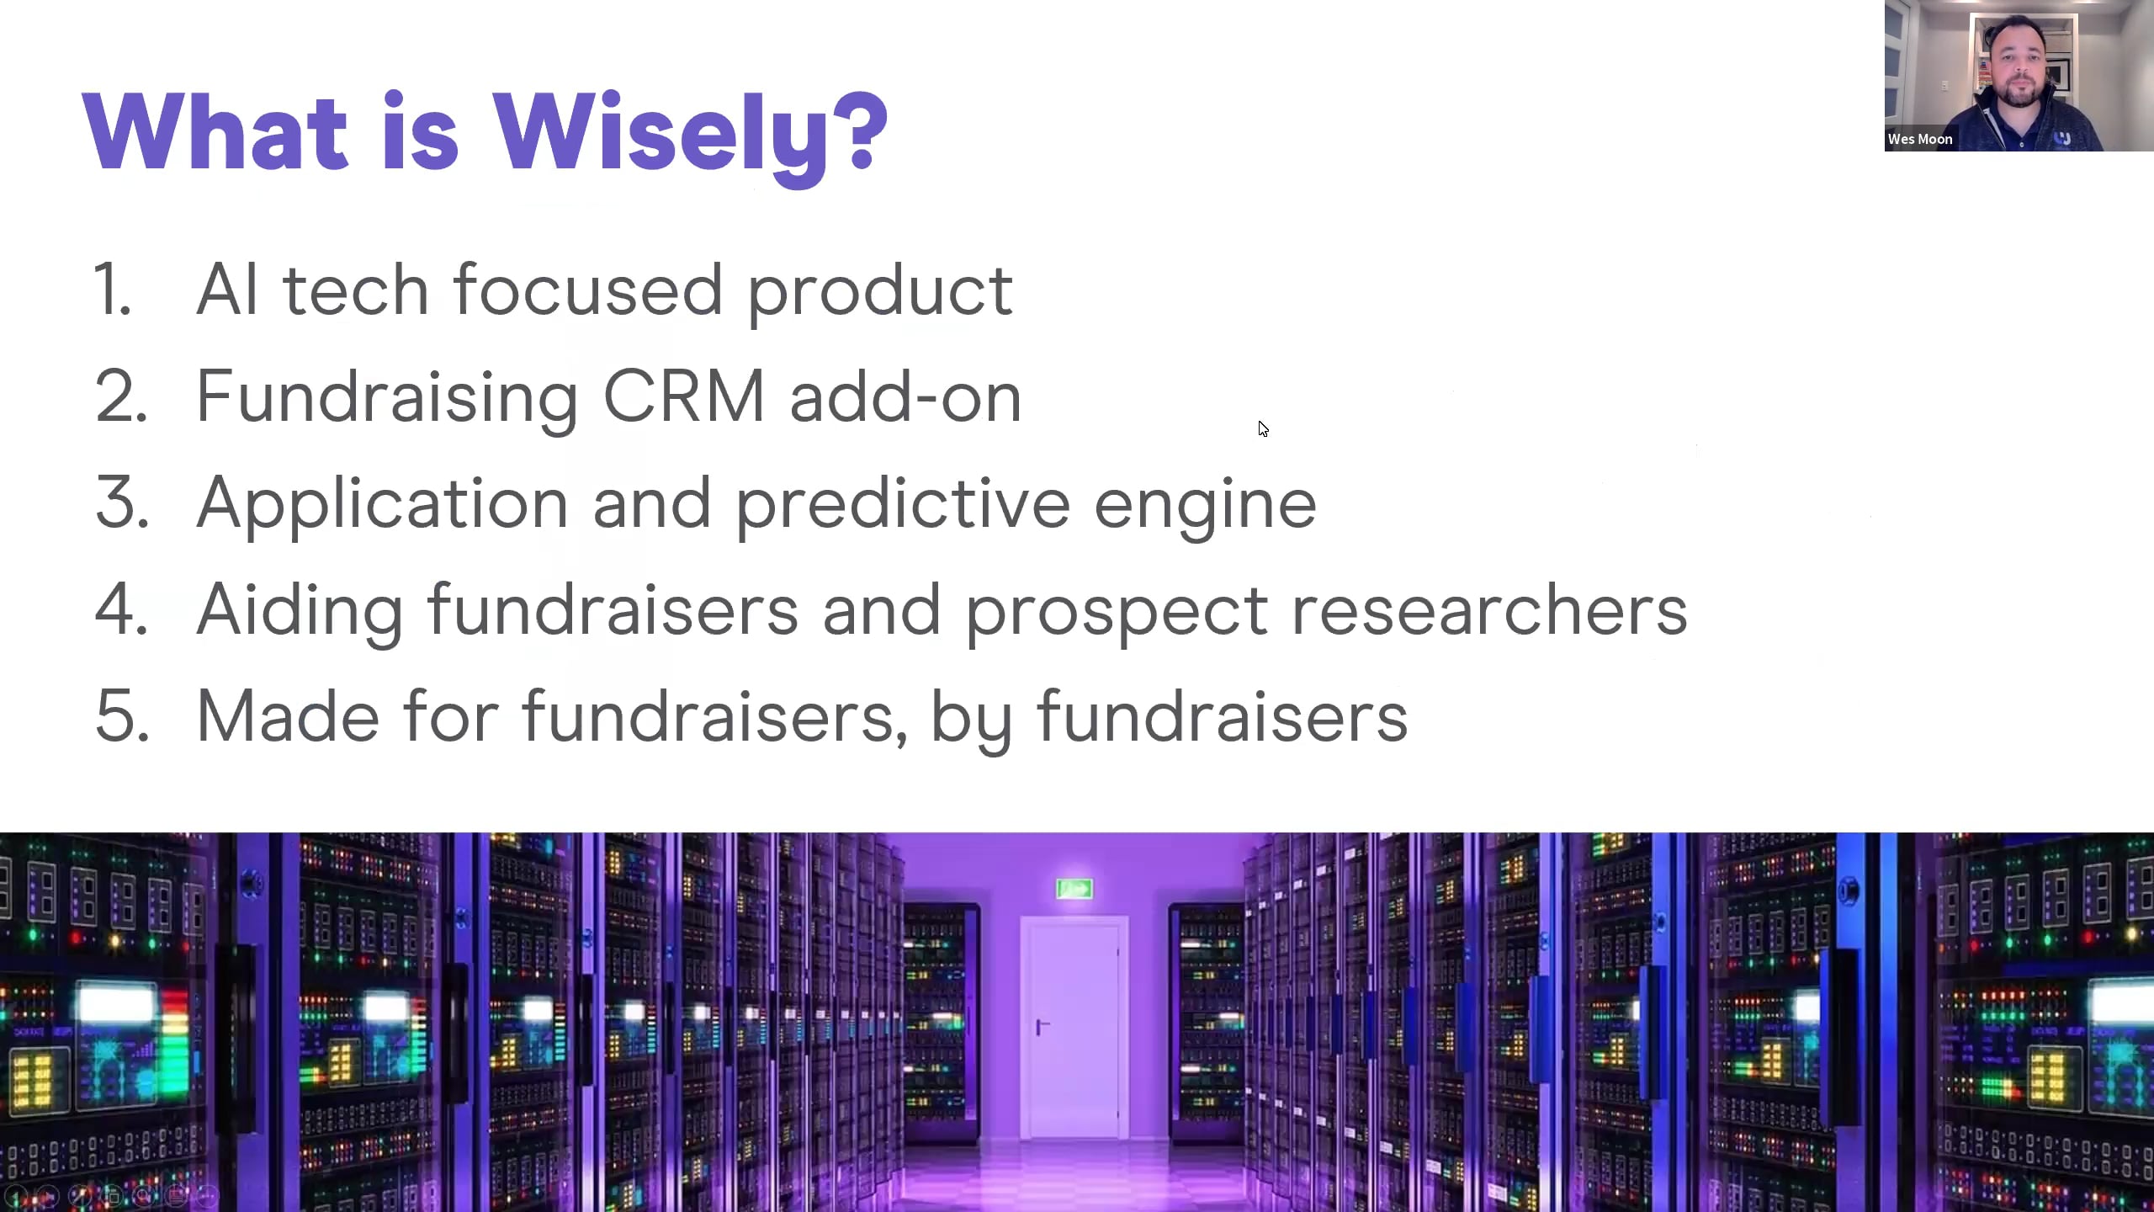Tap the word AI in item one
(227, 289)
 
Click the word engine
(1205, 505)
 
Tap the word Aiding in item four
(300, 611)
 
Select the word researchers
(1488, 609)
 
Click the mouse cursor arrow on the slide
(1263, 428)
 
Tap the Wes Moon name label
(1920, 139)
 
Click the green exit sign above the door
(1074, 888)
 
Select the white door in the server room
(1074, 1028)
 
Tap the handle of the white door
(1042, 1026)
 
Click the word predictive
(903, 504)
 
